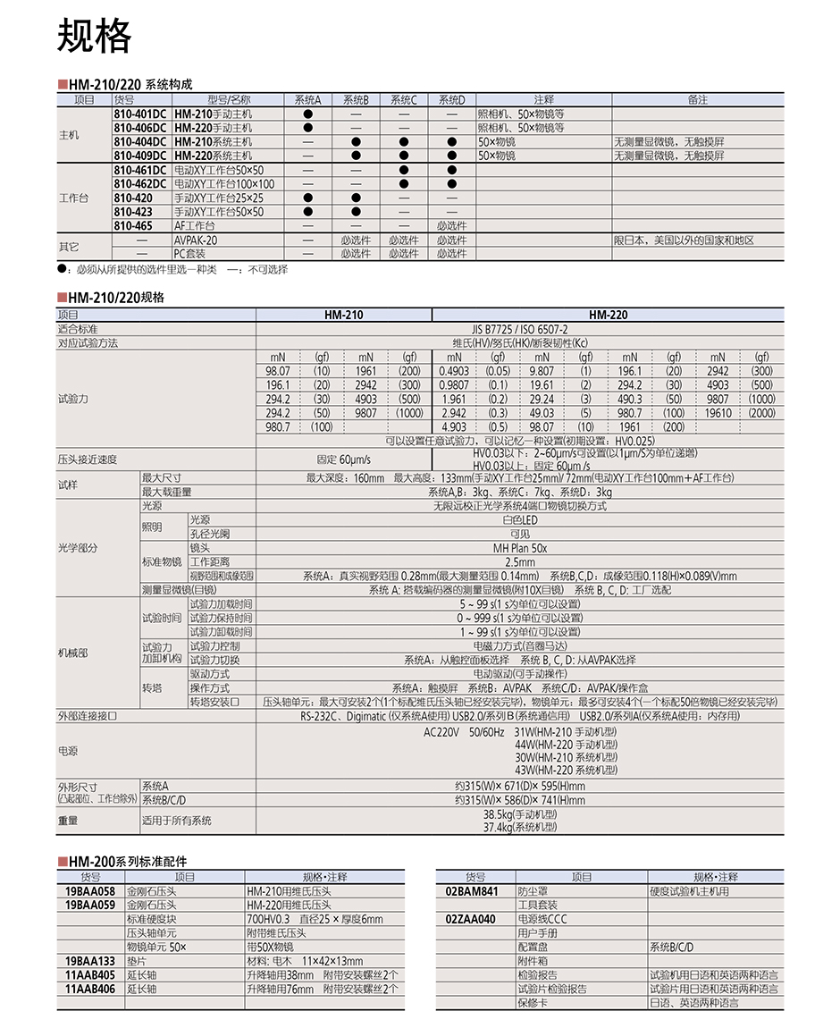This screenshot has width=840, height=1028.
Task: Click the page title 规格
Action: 94,36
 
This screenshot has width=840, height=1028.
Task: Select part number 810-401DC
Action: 140,114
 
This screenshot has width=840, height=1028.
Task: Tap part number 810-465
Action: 133,226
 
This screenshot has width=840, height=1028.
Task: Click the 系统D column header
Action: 451,100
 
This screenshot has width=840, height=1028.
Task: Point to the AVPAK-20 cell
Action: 196,240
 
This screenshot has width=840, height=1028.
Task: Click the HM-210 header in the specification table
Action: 343,315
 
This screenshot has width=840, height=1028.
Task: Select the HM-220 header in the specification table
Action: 608,315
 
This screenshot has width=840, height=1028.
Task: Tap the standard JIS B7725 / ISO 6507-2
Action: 520,329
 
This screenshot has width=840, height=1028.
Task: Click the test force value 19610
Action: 718,413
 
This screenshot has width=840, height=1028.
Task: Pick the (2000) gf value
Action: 761,413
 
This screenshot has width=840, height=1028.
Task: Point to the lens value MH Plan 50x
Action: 519,548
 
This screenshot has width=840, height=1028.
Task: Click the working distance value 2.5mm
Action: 519,562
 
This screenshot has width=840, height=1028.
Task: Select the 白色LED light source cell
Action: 519,520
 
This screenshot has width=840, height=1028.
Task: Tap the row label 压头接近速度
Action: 88,459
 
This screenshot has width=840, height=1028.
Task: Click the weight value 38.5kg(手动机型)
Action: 519,814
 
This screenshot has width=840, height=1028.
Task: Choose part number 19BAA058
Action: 90,891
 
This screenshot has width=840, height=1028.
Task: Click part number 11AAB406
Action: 90,990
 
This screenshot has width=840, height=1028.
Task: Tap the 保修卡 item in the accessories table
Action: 532,1003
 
